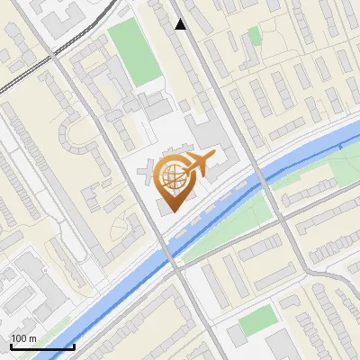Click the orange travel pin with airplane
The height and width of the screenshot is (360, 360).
pos(175,180)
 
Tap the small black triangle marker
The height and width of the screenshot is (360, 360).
pos(181,25)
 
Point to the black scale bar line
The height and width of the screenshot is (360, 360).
pos(42,346)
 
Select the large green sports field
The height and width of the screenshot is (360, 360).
pos(132,53)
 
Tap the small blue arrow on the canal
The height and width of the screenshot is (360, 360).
pos(341,146)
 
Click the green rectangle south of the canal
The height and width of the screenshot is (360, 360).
pos(258,319)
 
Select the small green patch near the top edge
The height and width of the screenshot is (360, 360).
pos(255,36)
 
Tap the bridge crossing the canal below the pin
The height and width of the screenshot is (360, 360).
pos(171,252)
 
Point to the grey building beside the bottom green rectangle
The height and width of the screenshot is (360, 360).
pos(236,335)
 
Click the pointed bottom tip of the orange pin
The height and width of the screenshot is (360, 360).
pos(171,208)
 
